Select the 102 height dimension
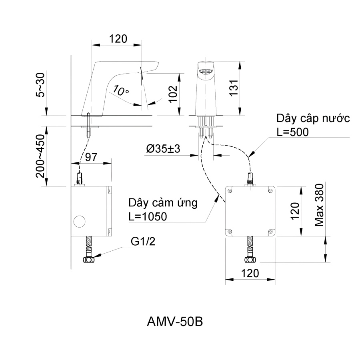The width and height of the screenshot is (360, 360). (x=173, y=94)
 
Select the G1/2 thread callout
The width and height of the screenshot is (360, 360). (x=142, y=242)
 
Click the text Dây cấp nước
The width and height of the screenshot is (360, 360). (x=313, y=119)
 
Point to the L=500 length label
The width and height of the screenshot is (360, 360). (x=293, y=132)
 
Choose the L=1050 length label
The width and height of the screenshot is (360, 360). (x=148, y=216)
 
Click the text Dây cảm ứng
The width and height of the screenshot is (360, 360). (x=163, y=203)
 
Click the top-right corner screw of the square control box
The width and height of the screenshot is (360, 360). (x=271, y=190)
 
